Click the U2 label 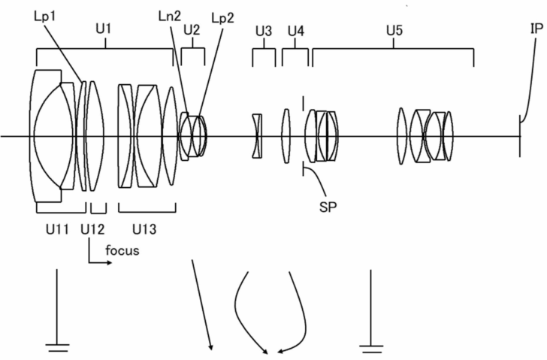pos(192,30)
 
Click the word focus pos(122,250)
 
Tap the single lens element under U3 pos(258,136)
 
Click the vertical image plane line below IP pos(520,135)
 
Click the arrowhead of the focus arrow pos(110,263)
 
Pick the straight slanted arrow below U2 pos(202,304)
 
